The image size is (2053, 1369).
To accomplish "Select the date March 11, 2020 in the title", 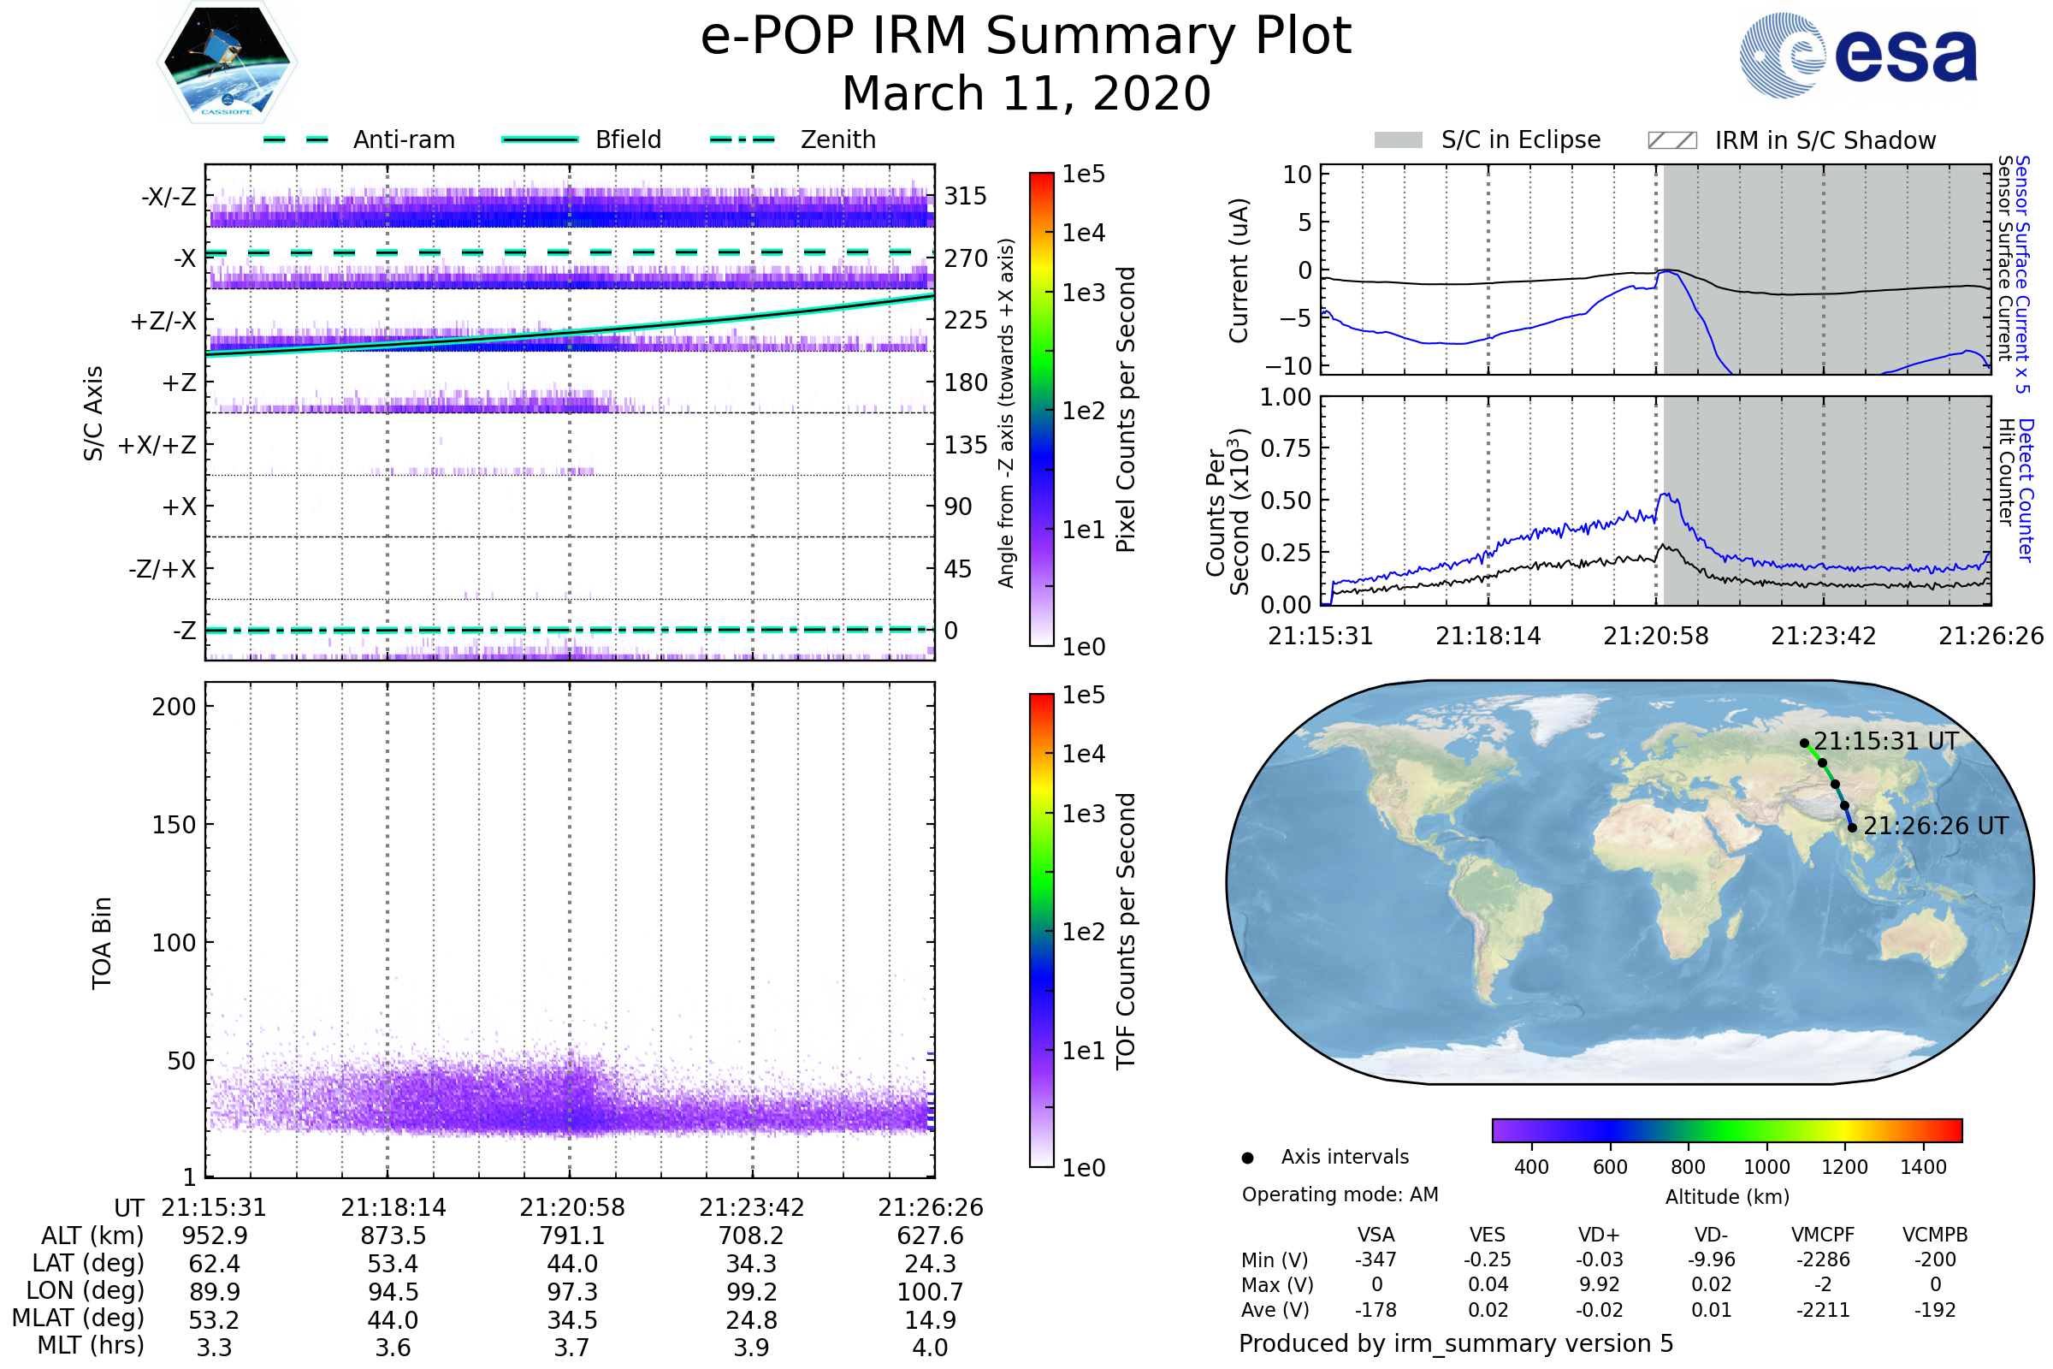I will pos(1026,93).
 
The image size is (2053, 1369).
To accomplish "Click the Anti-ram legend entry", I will pos(403,139).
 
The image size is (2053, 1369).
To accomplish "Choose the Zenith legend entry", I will pos(837,139).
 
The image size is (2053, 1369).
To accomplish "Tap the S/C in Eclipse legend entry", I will pos(1520,139).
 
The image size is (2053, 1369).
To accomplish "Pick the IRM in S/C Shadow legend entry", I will pos(1825,140).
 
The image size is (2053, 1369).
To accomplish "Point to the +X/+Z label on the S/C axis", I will pos(157,445).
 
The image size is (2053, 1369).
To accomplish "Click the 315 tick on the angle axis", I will pos(965,196).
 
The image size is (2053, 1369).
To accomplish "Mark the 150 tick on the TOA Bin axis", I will pos(174,825).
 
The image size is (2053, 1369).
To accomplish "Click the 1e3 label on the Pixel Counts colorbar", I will pos(1083,293).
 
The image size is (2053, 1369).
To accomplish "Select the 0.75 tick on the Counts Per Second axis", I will pos(1287,448).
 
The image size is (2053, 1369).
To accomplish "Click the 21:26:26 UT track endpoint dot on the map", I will pos(1852,827).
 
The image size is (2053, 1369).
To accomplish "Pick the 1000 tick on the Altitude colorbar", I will pos(1766,1167).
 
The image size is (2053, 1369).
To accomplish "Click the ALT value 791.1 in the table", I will pos(571,1236).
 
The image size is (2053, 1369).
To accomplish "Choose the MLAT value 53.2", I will pos(214,1320).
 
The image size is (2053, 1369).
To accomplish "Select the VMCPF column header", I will pos(1823,1236).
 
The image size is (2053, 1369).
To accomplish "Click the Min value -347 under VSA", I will pos(1376,1259).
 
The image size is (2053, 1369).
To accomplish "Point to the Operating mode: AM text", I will pos(1340,1194).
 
